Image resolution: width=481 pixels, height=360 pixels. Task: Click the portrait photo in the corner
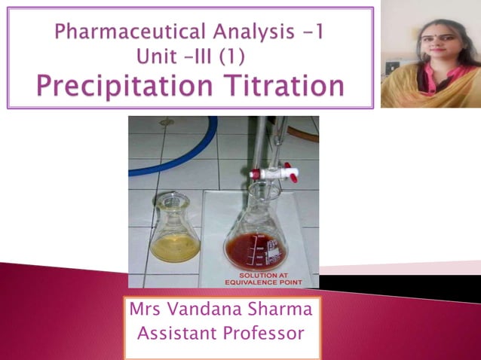pos(429,54)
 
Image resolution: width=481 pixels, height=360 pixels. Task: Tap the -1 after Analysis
pos(309,32)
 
